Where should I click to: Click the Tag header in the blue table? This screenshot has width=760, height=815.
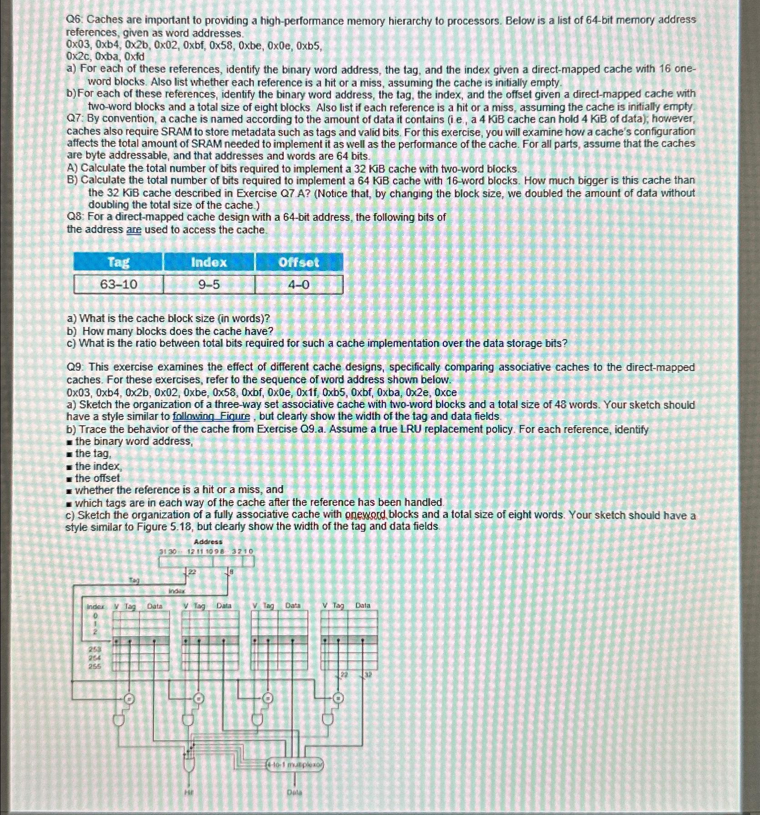pyautogui.click(x=118, y=262)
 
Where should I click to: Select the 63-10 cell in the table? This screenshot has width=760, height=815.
pyautogui.click(x=118, y=285)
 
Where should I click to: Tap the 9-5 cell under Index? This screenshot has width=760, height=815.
pyautogui.click(x=209, y=285)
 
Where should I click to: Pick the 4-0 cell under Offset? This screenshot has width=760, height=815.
pyautogui.click(x=299, y=285)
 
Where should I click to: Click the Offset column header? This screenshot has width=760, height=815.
pyautogui.click(x=299, y=262)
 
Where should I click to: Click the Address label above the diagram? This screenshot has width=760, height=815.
pyautogui.click(x=208, y=542)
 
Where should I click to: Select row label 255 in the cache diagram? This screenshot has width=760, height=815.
pyautogui.click(x=95, y=666)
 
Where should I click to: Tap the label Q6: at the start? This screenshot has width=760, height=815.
pyautogui.click(x=75, y=20)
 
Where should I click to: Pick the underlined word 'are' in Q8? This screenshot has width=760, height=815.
pyautogui.click(x=134, y=230)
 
